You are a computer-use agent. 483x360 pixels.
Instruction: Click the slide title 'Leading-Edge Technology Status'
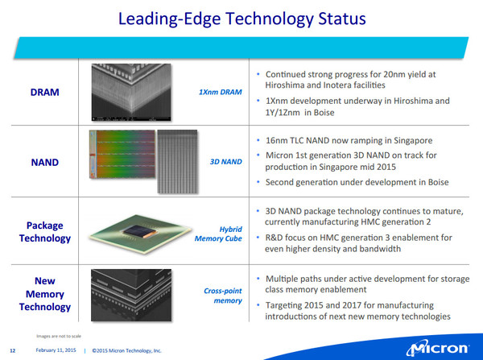click(242, 19)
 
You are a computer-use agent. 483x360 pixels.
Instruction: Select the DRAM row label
click(44, 92)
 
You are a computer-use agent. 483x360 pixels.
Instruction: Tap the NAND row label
click(44, 162)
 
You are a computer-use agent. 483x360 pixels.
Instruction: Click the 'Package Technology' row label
click(44, 232)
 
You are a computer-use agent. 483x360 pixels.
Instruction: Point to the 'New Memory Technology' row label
click(44, 294)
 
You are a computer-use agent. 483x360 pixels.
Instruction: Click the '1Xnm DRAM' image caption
click(221, 92)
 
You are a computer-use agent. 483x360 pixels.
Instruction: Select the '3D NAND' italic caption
click(225, 162)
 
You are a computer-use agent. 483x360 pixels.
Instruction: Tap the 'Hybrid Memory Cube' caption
click(218, 234)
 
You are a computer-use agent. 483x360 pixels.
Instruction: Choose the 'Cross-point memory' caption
click(223, 296)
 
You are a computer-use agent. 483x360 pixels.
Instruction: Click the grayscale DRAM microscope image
click(131, 92)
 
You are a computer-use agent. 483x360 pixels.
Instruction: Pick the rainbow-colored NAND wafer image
click(122, 154)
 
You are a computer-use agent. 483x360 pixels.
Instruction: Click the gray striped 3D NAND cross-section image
click(177, 162)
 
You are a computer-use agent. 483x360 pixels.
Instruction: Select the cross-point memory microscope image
click(131, 296)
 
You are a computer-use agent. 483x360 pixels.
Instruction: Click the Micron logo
click(437, 348)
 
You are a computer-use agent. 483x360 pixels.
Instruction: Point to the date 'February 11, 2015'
click(56, 350)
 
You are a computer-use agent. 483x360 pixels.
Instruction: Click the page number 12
click(13, 350)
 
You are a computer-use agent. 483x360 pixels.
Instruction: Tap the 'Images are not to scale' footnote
click(59, 336)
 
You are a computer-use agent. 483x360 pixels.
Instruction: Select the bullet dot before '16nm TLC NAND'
click(258, 141)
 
